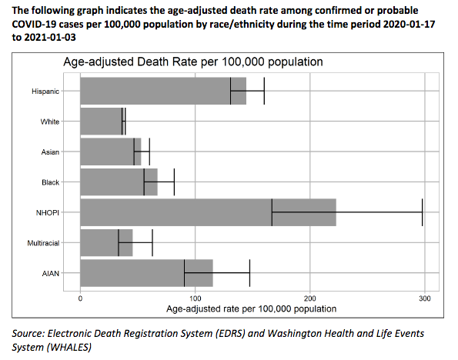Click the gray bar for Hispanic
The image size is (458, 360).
tap(163, 91)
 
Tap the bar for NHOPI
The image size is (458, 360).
tap(208, 212)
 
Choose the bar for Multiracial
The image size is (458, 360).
tap(106, 242)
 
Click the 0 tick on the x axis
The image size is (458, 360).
tap(81, 298)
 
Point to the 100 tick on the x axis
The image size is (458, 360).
tap(196, 298)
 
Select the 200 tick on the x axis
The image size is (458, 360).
tap(310, 298)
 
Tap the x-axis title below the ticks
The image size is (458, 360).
tap(251, 308)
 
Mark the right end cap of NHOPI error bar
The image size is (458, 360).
tap(423, 212)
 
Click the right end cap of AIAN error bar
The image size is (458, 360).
tap(249, 272)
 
